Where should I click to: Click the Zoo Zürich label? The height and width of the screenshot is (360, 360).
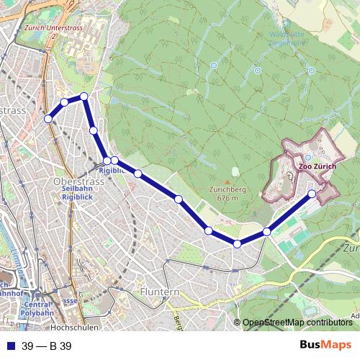[x=317, y=166]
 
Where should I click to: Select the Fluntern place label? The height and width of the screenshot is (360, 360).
[x=159, y=292]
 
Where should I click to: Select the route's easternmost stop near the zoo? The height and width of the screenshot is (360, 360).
[x=312, y=194]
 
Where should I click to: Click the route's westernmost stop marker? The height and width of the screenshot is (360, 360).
[x=48, y=119]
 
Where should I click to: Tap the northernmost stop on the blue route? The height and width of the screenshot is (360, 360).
[x=84, y=96]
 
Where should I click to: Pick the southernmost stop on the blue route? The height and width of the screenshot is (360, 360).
[x=237, y=244]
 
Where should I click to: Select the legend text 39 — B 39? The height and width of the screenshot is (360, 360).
[x=47, y=346]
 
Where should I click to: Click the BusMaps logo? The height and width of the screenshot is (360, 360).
[x=325, y=346]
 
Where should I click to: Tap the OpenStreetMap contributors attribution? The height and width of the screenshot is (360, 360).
[x=297, y=323]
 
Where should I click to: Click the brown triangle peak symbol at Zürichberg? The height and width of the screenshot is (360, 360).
[x=234, y=171]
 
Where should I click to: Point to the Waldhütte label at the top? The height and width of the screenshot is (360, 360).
[x=287, y=34]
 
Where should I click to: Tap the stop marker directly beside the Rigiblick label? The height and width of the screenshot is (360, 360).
[x=107, y=161]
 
